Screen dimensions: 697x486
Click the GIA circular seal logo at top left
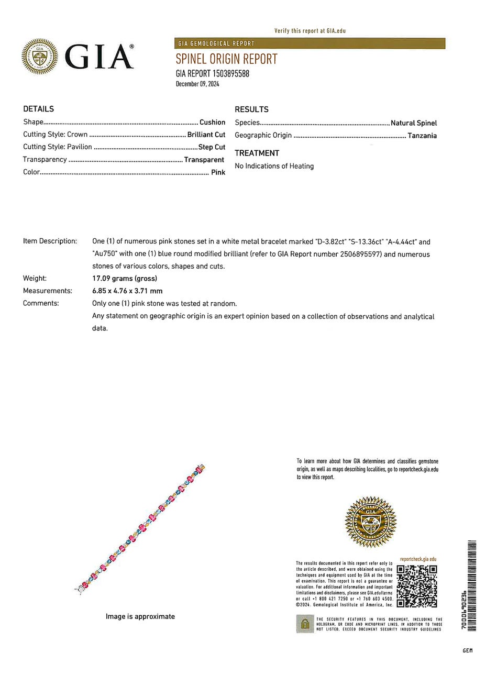40,56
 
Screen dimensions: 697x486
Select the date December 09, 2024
197,84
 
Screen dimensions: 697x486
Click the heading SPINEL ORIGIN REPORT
226,59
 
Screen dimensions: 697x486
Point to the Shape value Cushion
212,122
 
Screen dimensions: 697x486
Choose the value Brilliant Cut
206,135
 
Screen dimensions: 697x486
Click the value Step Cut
212,147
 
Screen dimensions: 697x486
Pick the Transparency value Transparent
204,160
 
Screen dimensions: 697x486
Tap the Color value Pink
218,172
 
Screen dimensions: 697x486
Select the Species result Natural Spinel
414,123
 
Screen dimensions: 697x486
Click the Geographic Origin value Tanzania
422,136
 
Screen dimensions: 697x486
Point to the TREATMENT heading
257,153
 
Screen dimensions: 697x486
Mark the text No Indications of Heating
274,166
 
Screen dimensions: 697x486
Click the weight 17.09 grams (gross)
125,279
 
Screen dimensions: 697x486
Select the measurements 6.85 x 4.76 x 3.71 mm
127,291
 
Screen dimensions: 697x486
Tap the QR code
417,586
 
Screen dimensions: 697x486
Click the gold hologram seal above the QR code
370,522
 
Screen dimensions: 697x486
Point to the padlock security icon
305,624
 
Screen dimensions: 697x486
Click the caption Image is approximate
140,616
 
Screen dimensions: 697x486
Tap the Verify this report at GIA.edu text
310,31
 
